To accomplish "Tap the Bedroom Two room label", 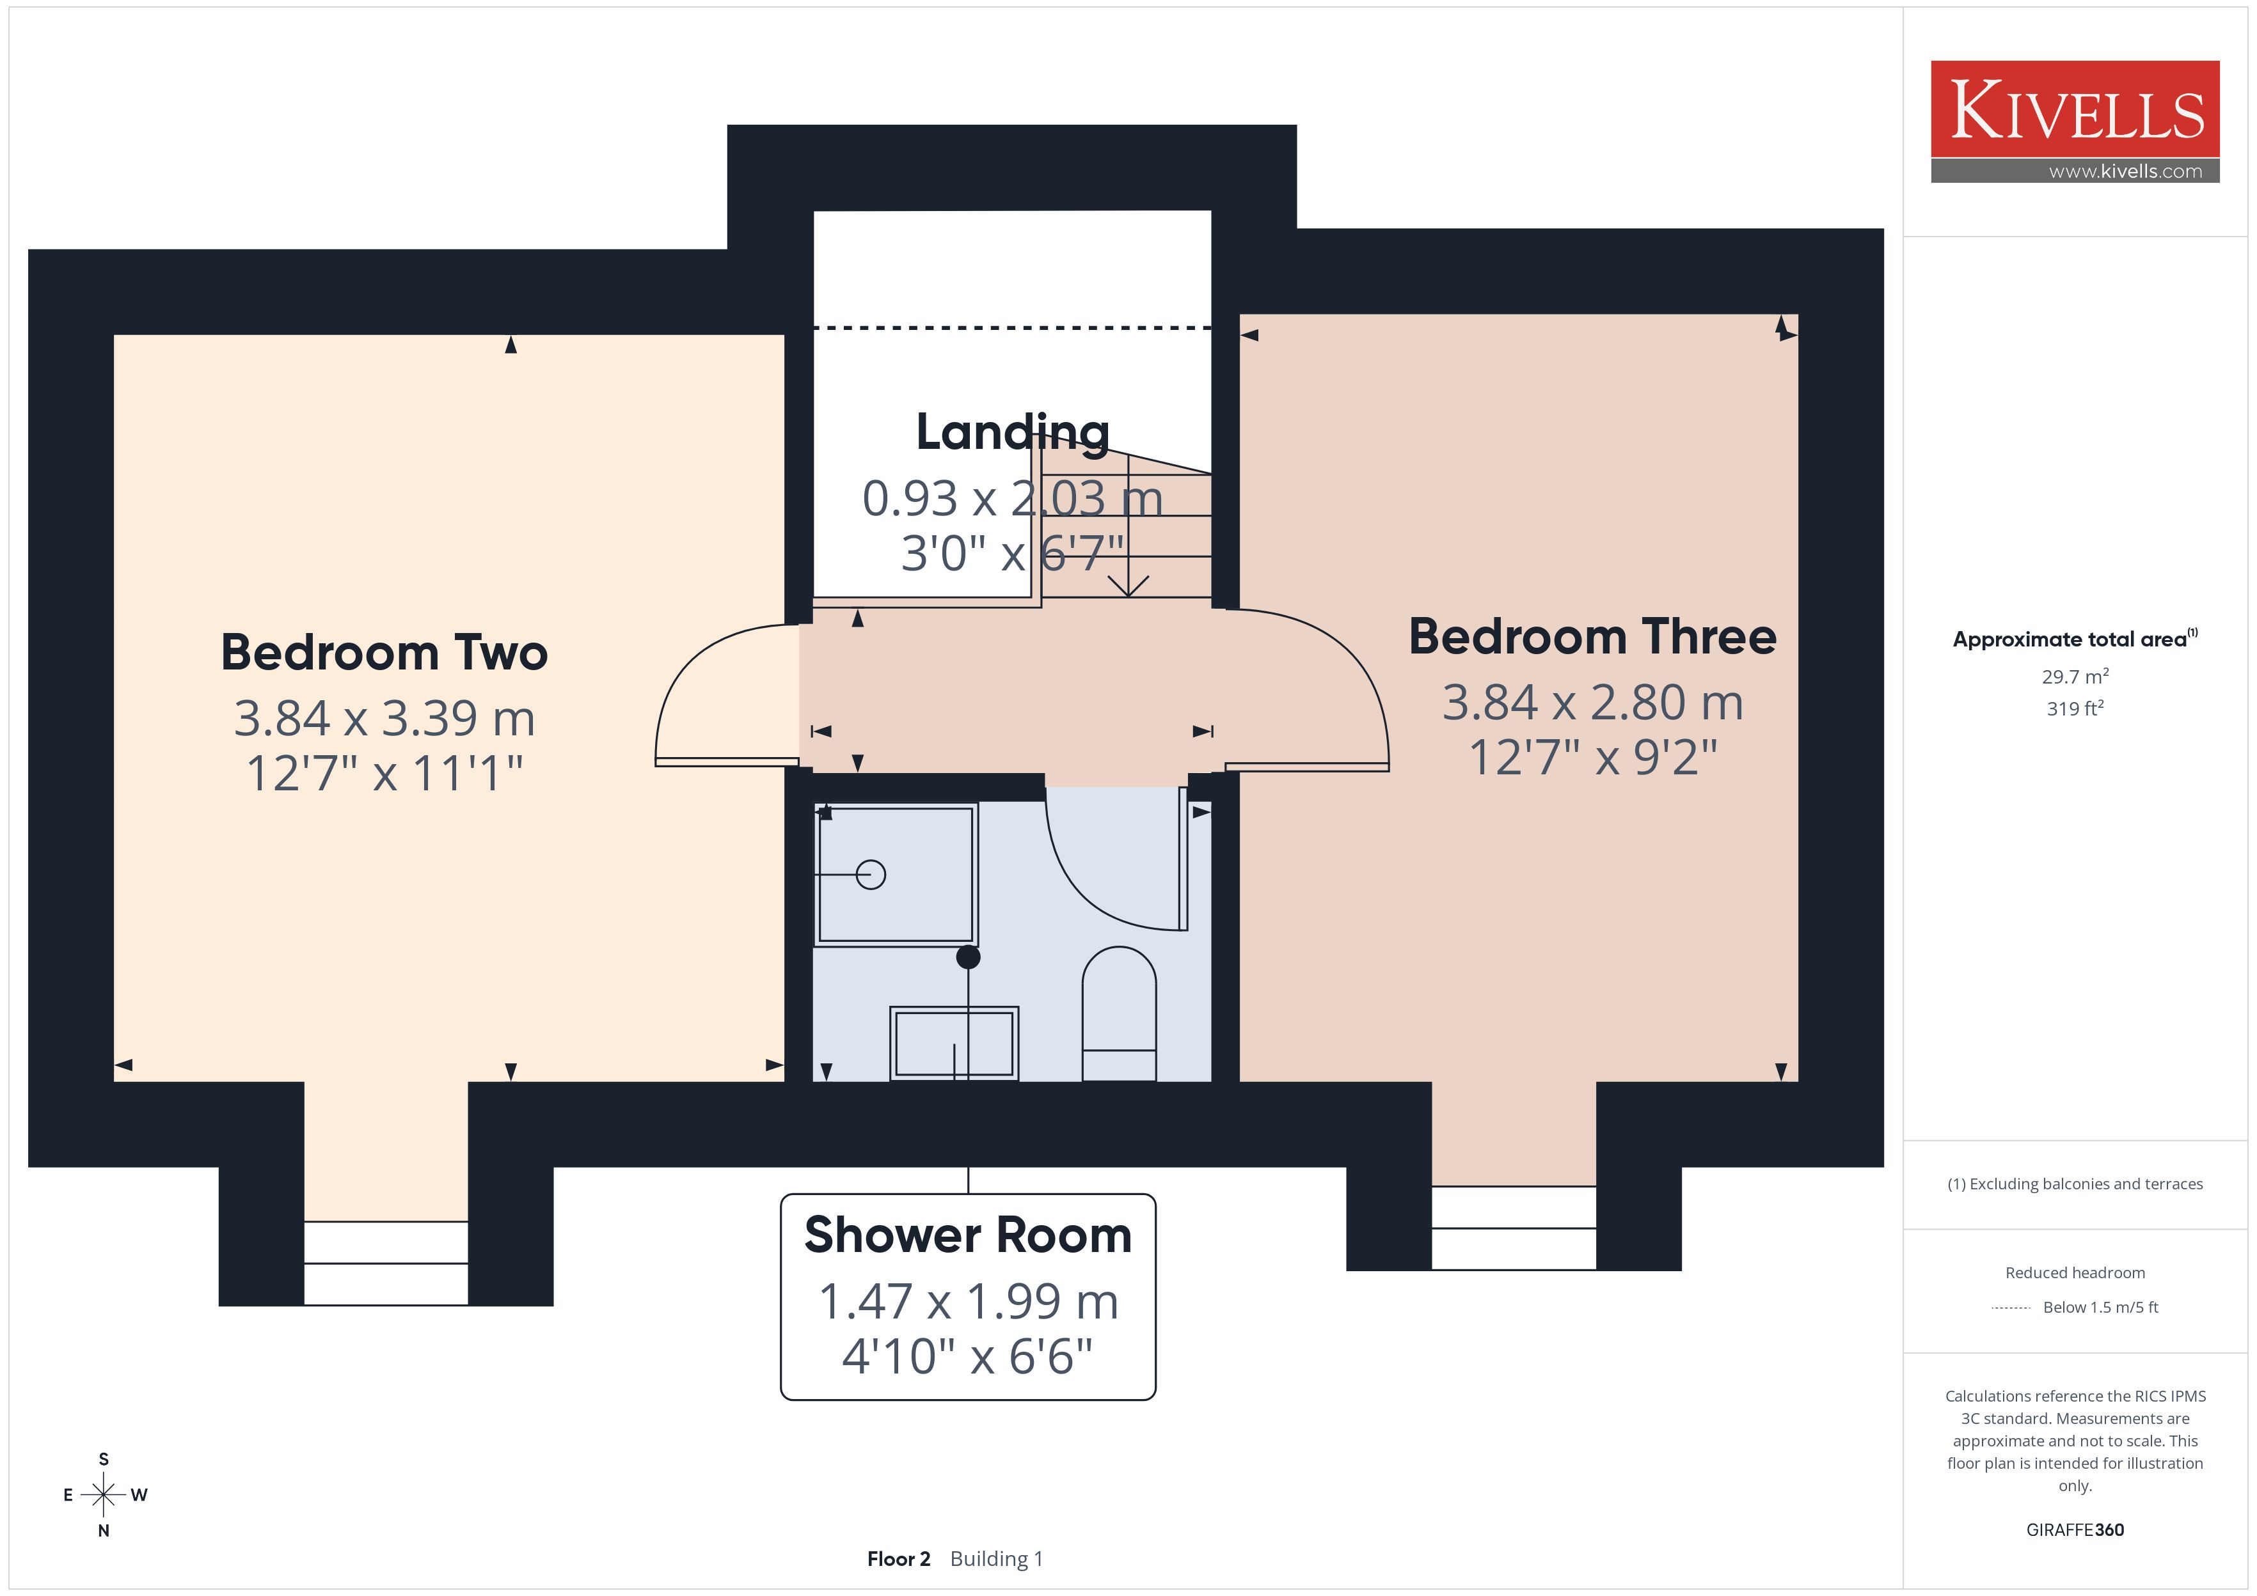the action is coord(384,653).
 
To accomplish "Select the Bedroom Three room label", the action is coord(1592,637).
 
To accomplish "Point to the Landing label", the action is coord(1013,432).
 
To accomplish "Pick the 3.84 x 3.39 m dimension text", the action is coord(384,719).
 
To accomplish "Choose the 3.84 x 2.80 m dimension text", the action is coord(1592,703).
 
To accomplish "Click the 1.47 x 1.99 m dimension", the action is coord(969,1301).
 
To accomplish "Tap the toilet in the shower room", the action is coord(1119,1013).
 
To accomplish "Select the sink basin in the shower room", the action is coord(954,1043).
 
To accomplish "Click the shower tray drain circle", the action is coord(871,873).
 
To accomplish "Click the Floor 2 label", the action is coord(898,1559).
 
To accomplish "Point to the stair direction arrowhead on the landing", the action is coord(1128,587).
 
